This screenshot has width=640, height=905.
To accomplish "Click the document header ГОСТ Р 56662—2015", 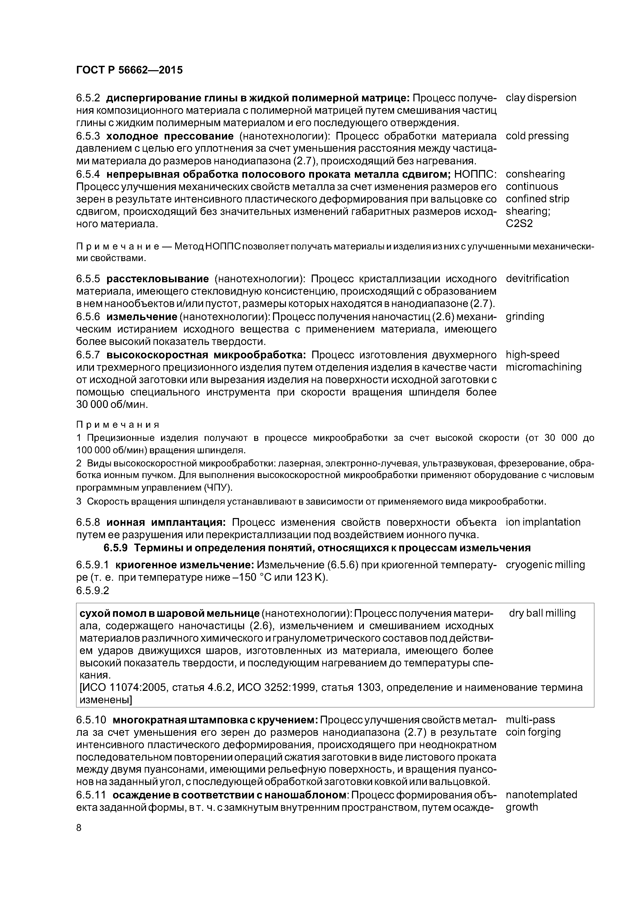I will point(129,70).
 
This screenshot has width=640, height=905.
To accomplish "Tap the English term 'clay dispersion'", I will point(541,98).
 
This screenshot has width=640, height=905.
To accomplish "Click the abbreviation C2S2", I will point(519,223).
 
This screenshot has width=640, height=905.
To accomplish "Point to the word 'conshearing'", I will point(535,174).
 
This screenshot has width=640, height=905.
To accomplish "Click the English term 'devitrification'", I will point(537,279).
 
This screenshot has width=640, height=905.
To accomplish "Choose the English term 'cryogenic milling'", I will point(545,565).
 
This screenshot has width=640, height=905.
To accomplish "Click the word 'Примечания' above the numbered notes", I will point(117,425).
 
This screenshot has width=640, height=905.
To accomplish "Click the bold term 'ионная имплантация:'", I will point(166,523).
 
